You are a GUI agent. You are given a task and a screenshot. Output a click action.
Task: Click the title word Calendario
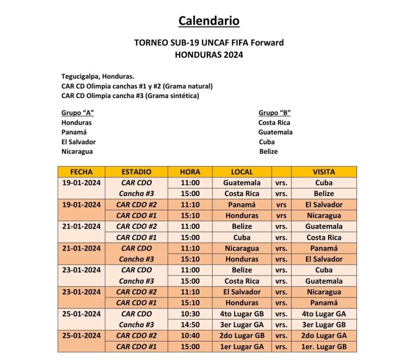pos(209,21)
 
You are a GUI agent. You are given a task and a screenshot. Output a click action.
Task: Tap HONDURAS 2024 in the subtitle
pos(209,54)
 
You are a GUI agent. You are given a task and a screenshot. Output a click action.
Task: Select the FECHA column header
pos(82,172)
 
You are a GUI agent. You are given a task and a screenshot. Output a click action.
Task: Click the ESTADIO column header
pos(136,172)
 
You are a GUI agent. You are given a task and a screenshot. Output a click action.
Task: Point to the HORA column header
pos(190,172)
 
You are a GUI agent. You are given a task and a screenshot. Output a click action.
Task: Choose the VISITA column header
pos(324,172)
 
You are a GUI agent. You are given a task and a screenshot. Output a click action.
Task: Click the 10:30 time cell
pos(190,314)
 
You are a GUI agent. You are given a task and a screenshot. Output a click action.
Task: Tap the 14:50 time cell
pos(190,325)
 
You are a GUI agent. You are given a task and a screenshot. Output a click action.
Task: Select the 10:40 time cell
pos(190,335)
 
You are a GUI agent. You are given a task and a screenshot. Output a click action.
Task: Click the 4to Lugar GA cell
pos(324,314)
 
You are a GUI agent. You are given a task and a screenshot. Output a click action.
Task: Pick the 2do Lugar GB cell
pos(242,335)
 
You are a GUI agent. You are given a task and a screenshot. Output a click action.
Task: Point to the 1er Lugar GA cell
pos(242,346)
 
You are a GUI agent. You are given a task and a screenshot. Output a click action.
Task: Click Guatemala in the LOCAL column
pos(242,182)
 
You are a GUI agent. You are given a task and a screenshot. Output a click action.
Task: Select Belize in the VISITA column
pos(324,193)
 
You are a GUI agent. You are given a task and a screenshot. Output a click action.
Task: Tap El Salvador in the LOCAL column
pos(242,292)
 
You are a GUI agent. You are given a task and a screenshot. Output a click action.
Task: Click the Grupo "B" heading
pos(274,113)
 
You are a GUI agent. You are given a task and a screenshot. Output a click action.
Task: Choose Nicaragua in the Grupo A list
pos(77,151)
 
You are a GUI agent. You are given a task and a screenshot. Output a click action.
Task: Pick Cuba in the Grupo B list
pos(267,142)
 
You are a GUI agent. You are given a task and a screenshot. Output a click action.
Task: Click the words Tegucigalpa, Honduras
pos(98,76)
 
